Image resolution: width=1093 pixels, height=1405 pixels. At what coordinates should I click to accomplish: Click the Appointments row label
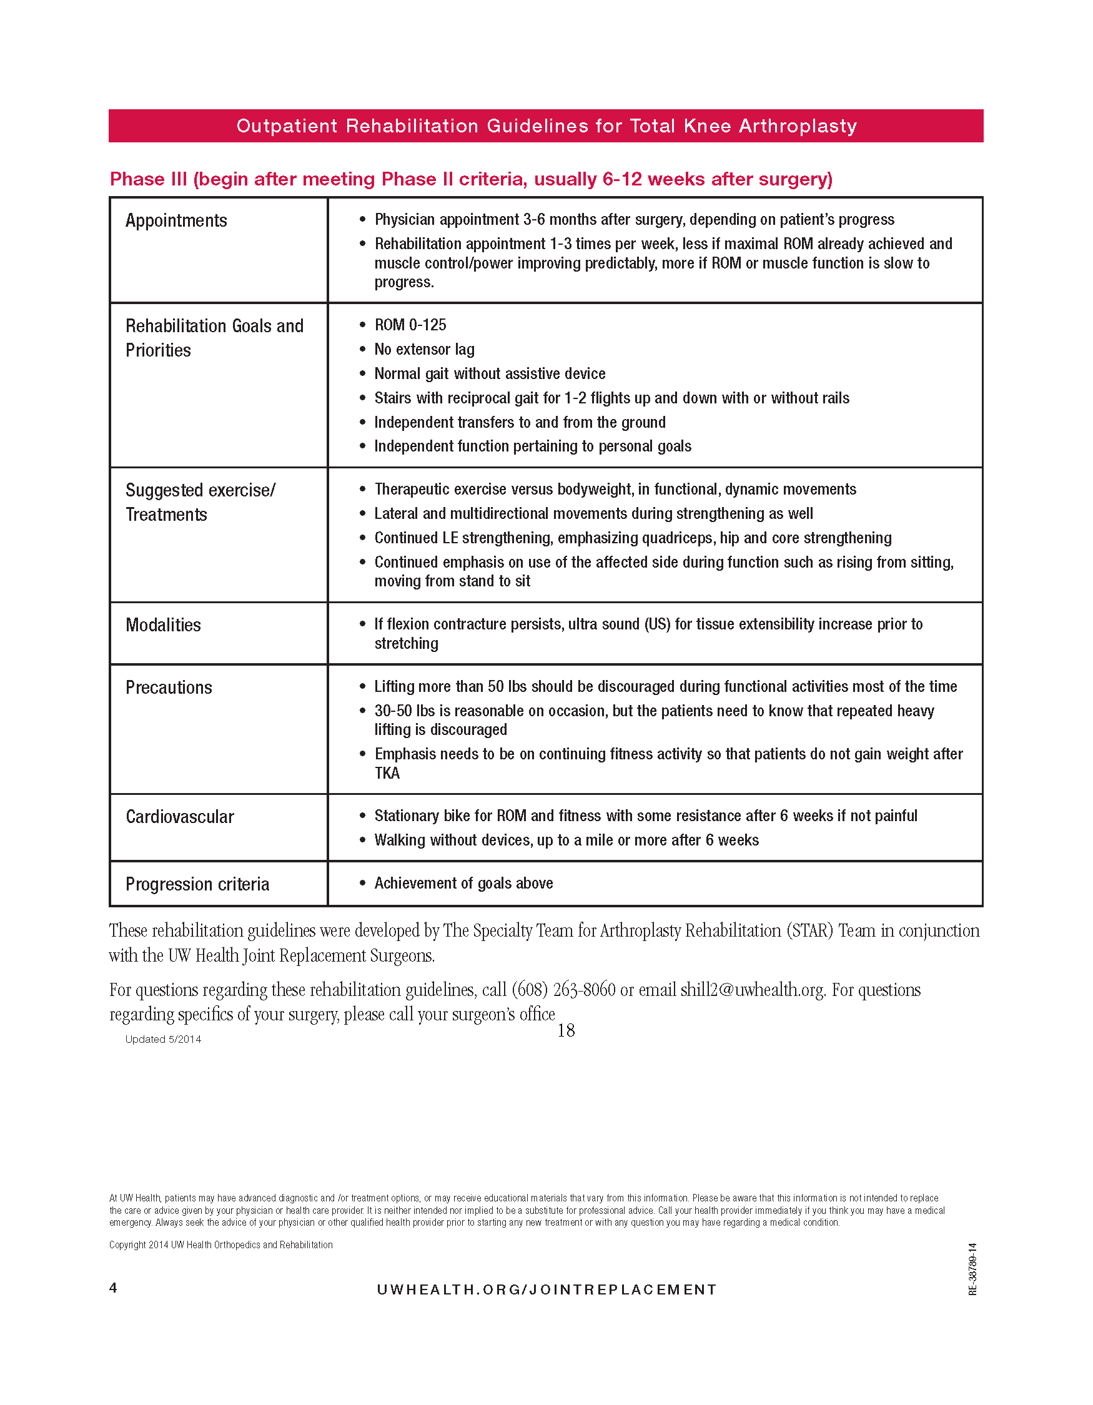pos(176,220)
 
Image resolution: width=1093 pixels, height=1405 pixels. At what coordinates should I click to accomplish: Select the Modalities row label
pos(163,624)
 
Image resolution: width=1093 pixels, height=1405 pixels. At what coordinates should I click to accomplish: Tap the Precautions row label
pos(169,687)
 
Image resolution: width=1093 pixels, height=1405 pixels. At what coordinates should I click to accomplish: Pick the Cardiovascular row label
pos(179,816)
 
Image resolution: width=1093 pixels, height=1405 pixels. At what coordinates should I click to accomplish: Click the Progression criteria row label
pos(197,884)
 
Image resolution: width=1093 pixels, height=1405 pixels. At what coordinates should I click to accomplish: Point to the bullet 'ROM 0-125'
pos(410,325)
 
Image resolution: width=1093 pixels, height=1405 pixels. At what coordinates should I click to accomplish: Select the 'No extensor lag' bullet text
pos(424,349)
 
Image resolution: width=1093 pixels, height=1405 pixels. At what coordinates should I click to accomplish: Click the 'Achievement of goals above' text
pos(463,883)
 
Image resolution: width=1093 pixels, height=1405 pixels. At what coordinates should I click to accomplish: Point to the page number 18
pos(565,1030)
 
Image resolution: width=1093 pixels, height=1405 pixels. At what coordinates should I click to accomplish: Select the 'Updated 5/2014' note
pos(163,1039)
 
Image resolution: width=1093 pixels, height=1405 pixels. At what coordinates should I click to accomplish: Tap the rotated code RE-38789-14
pos(972,1269)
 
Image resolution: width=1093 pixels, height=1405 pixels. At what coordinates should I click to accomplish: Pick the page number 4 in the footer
pos(113,1287)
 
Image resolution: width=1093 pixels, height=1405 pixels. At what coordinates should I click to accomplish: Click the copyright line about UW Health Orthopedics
pos(220,1245)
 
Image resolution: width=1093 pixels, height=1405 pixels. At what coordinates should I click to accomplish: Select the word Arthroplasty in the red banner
pos(797,126)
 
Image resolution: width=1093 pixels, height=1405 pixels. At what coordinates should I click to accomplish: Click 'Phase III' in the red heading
pos(149,179)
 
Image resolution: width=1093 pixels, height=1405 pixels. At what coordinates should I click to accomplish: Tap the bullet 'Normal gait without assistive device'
pos(490,374)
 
